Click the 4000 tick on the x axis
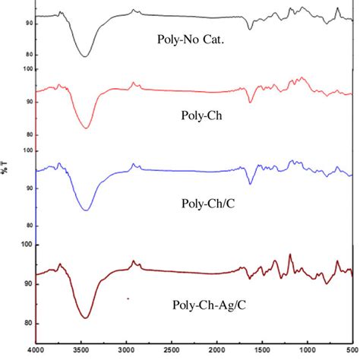[x=36, y=350]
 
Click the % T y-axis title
[x=5, y=167]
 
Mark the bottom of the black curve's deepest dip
[x=84, y=56]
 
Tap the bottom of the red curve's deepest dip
[x=86, y=128]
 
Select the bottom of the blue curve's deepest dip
[x=86, y=210]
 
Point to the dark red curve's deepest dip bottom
[x=85, y=317]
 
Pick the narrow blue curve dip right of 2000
[x=250, y=184]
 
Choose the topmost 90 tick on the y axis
[x=30, y=24]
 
